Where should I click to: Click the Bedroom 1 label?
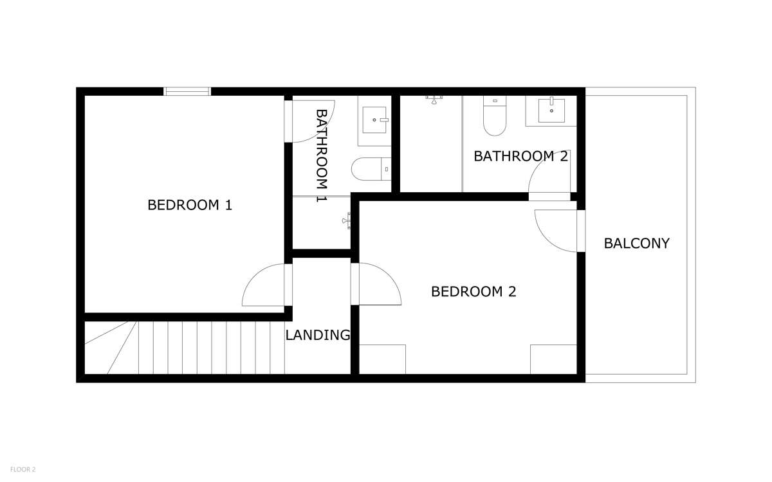pos(190,205)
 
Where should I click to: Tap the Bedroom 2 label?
pos(473,292)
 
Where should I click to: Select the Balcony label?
pos(636,244)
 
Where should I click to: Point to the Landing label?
pos(318,335)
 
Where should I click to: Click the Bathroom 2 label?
pos(520,156)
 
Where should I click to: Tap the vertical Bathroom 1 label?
pos(321,156)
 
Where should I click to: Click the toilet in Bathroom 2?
pos(495,116)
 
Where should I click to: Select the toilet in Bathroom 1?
pos(371,169)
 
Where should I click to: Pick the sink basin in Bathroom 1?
pos(374,120)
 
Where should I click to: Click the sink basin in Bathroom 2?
pos(551,111)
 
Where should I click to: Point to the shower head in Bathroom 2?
pos(434,100)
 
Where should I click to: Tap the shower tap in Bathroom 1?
pos(347,220)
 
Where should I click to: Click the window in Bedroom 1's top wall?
pos(187,91)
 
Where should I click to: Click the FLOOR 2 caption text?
pos(23,470)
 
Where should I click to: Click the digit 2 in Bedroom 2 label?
pos(512,292)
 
